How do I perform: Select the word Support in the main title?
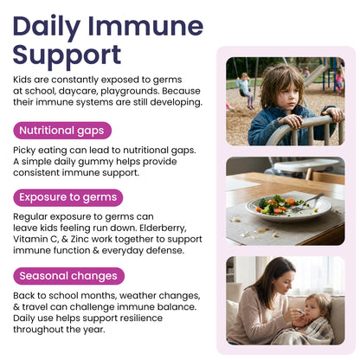tap(67, 55)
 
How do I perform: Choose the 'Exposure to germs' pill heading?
tap(67, 196)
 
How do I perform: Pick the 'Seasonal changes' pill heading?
tap(68, 276)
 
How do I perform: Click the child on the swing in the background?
tap(244, 85)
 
